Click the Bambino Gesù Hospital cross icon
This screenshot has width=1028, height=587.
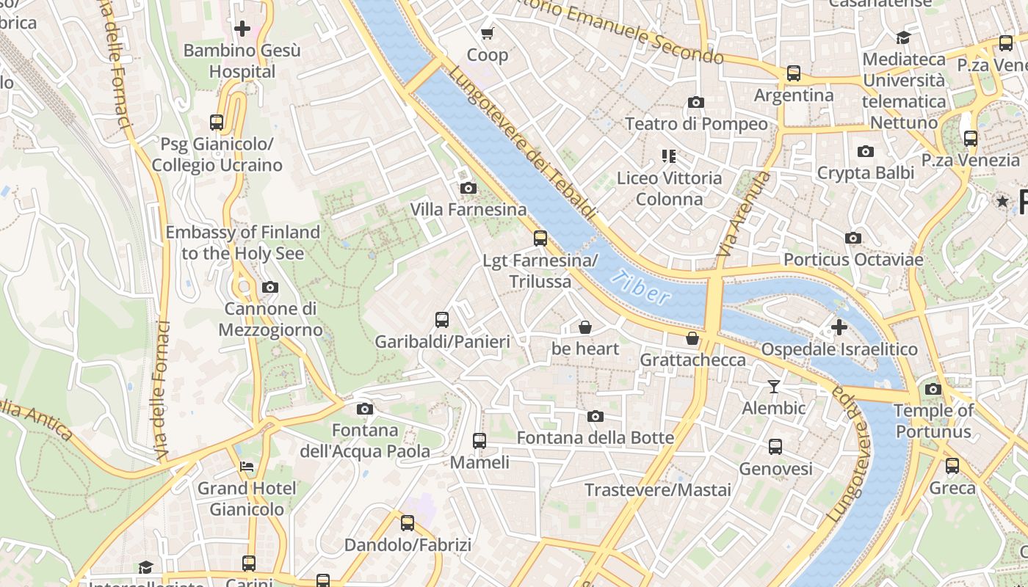click(x=242, y=29)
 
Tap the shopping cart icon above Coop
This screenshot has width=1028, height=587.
click(x=487, y=33)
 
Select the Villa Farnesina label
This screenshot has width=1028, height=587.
click(x=468, y=210)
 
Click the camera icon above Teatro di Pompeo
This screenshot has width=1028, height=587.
click(x=696, y=102)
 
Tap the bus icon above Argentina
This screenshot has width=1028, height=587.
click(x=794, y=73)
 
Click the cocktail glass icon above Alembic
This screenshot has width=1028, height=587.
click(x=774, y=386)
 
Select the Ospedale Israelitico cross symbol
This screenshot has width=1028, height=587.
click(x=839, y=327)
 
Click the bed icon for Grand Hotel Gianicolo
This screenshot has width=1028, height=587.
click(x=247, y=466)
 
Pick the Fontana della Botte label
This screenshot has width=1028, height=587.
click(x=596, y=438)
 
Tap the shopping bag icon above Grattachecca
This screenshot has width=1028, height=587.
click(x=692, y=338)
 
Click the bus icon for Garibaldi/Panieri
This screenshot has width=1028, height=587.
click(x=442, y=320)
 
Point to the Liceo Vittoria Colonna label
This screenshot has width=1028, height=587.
click(x=669, y=189)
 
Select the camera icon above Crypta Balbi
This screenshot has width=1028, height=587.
click(x=866, y=151)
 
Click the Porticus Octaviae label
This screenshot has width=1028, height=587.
click(x=852, y=260)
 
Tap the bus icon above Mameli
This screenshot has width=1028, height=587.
click(x=479, y=441)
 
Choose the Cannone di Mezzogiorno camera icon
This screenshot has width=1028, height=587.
click(x=270, y=287)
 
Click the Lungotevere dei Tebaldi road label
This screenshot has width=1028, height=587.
click(x=521, y=144)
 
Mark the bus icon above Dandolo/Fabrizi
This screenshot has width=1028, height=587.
click(x=408, y=523)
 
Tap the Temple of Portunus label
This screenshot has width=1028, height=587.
click(x=933, y=420)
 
